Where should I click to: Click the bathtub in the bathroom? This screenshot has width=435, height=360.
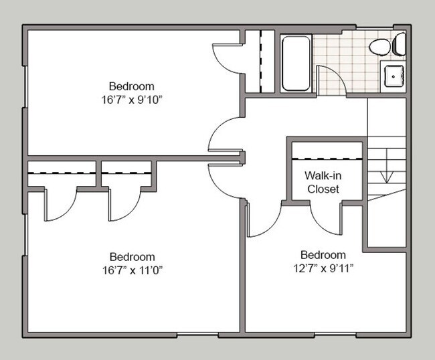[x=295, y=63]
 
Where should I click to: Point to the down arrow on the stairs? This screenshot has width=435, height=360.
[x=386, y=175]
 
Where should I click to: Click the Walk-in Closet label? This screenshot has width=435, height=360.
[x=323, y=182]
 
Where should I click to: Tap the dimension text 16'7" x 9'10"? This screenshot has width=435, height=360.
[x=132, y=99]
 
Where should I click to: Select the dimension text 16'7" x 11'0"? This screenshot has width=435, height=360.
[x=132, y=270]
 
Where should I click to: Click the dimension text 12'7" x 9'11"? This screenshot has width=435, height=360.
[x=323, y=268]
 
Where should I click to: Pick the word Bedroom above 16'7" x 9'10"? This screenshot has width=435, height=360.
[x=132, y=86]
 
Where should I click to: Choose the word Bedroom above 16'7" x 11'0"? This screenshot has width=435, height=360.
[x=132, y=257]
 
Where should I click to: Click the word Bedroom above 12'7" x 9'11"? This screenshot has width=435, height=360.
[x=323, y=255]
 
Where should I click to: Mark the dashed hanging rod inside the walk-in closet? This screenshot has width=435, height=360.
[x=328, y=159]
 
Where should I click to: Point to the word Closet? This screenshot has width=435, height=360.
[x=323, y=189]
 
